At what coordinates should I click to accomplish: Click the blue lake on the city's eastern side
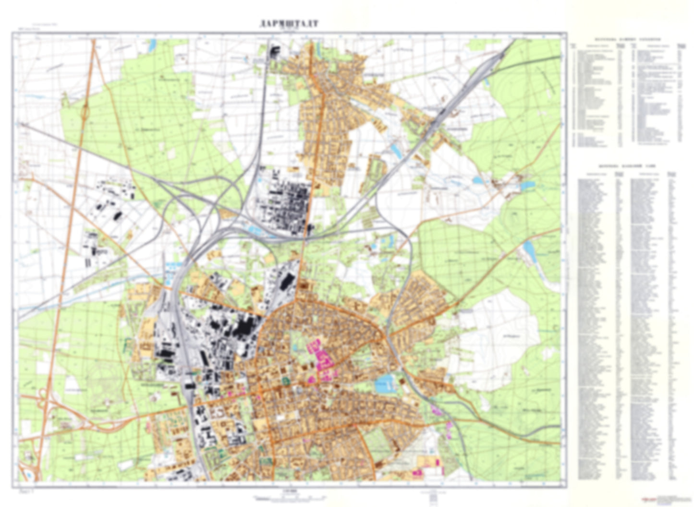(x=385, y=383)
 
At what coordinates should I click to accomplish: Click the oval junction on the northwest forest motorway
(x=85, y=113)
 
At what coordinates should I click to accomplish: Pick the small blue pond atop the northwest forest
(x=153, y=46)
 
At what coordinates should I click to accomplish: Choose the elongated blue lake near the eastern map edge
(x=528, y=249)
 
